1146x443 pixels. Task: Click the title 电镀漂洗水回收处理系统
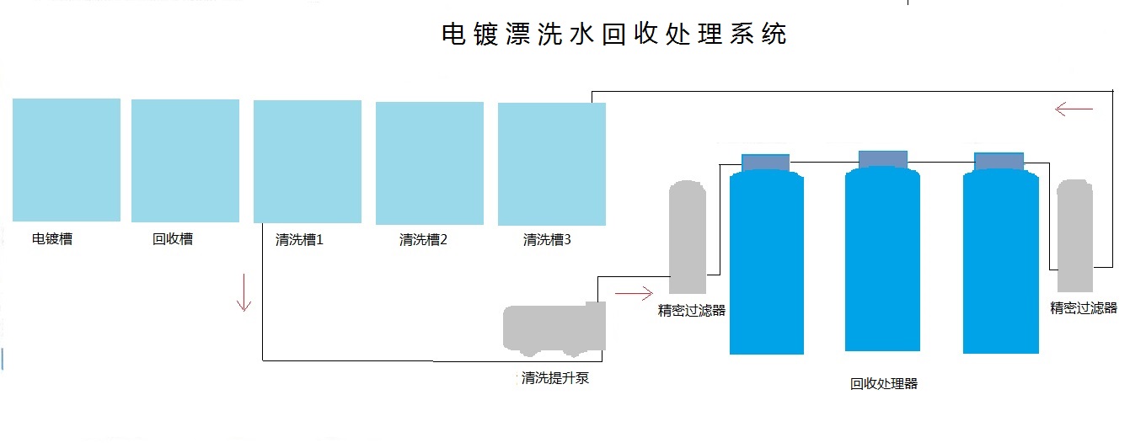tap(614, 35)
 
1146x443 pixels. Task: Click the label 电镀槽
tap(52, 239)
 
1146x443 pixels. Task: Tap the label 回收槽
tap(173, 239)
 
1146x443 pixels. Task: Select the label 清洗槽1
tap(299, 240)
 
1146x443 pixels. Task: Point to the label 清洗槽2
tap(423, 240)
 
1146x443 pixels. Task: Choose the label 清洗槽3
tap(547, 240)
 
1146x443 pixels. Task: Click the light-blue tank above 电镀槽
tap(67, 160)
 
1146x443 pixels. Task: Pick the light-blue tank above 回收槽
tap(185, 161)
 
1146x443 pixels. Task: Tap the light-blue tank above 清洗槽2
tap(430, 163)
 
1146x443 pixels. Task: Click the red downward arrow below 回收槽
tap(244, 292)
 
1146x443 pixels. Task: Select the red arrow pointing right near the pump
tap(634, 293)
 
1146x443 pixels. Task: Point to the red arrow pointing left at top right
tap(1074, 109)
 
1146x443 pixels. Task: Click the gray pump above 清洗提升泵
tap(554, 328)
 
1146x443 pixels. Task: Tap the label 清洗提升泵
tap(555, 378)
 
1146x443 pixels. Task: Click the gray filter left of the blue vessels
tap(688, 238)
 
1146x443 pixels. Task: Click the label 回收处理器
tap(884, 384)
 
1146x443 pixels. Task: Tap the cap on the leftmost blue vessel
tap(765, 162)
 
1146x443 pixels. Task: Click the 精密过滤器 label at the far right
tap(1084, 308)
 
